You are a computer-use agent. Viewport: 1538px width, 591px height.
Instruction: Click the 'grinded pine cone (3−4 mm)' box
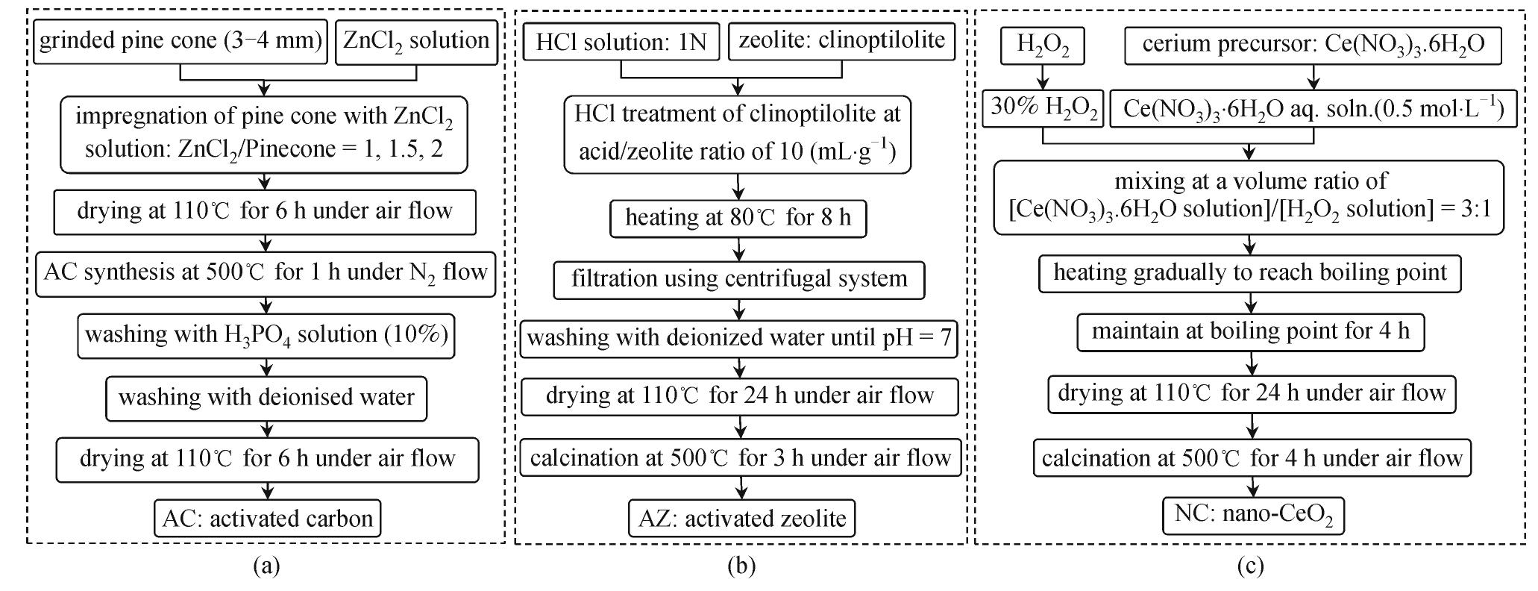[180, 41]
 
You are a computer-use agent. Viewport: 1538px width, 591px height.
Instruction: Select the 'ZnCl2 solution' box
[416, 41]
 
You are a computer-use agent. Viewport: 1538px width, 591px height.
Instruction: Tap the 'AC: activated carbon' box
[267, 518]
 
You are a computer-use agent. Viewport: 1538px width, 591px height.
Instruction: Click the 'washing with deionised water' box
[266, 397]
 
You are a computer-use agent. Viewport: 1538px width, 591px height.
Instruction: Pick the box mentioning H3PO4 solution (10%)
[266, 335]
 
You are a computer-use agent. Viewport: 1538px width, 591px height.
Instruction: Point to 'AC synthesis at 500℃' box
[266, 273]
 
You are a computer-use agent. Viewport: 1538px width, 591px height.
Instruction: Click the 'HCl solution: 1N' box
[621, 42]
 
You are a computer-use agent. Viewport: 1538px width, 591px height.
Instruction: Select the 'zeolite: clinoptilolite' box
[842, 40]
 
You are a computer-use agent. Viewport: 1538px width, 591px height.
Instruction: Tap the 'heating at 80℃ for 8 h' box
[738, 218]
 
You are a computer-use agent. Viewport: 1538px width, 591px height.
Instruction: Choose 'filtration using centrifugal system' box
[739, 280]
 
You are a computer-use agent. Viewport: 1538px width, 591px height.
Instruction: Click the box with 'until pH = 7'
[739, 338]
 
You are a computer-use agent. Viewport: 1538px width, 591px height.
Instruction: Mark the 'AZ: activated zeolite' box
[742, 518]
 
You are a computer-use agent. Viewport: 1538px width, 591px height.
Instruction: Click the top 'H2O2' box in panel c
[1043, 46]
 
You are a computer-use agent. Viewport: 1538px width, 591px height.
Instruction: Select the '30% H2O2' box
[1043, 109]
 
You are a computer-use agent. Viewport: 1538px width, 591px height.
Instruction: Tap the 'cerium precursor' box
[1313, 46]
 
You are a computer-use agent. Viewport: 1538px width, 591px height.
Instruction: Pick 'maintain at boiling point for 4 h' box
[1251, 331]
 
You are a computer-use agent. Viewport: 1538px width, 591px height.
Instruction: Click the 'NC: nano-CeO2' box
[1253, 516]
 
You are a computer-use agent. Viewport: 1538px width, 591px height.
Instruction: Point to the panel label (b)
[741, 566]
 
